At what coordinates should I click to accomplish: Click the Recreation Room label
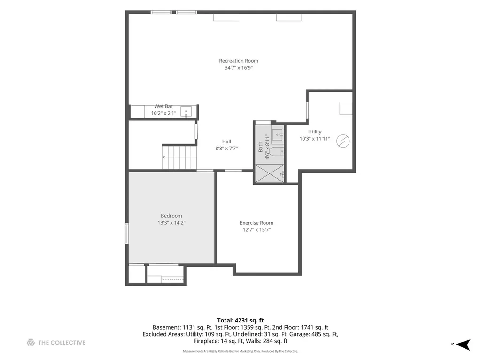238,61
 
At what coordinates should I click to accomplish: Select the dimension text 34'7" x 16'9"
238,68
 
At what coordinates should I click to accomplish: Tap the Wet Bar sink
186,112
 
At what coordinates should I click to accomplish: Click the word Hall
226,141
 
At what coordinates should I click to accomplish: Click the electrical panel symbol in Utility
343,141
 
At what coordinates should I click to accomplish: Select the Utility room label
315,132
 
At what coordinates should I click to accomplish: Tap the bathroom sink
277,134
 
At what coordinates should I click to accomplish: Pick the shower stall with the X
270,174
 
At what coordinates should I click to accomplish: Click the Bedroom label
171,216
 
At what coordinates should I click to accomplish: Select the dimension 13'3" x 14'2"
171,223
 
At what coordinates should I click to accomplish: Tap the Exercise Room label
256,223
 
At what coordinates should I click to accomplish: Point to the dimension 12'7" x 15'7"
256,230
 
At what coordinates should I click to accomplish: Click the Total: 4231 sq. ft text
240,321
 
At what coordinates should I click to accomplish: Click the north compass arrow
463,345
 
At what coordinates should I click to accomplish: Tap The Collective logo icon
31,343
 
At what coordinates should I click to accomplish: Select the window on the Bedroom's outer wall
127,234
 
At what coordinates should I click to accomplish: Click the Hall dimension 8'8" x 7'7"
226,149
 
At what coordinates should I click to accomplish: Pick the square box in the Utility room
346,108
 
